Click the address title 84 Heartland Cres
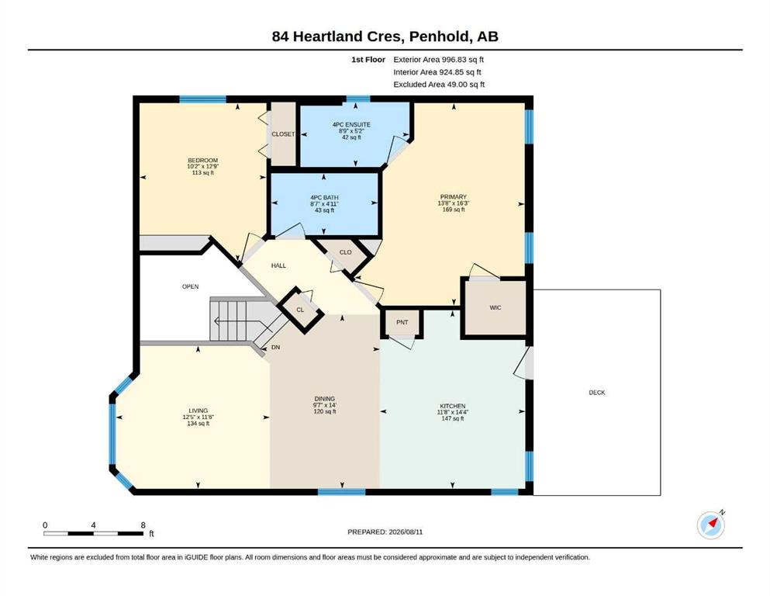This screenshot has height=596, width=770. point(338,36)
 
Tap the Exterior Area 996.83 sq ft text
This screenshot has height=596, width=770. point(439,60)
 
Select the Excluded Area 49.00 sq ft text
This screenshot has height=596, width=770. point(439,85)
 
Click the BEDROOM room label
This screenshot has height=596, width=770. point(203,161)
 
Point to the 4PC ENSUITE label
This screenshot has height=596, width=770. point(351,125)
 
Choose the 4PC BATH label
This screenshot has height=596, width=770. point(324,198)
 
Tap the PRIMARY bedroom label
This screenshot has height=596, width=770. point(454,197)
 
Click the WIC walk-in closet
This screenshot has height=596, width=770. point(495,308)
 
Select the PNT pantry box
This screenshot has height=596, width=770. point(402,322)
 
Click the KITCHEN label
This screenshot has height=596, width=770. point(452,407)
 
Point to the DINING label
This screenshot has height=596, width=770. point(325,399)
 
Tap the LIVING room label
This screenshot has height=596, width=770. point(198,411)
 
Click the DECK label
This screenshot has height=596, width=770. point(597,393)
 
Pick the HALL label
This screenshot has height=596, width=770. point(278,266)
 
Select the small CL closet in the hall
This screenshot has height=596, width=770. point(300,310)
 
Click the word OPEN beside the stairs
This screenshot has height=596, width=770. point(191,286)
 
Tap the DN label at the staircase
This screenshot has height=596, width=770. point(275,348)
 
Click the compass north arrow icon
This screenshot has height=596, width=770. point(711,525)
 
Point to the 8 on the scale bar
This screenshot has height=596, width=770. point(143,525)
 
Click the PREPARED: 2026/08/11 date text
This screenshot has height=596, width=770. point(385,532)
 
